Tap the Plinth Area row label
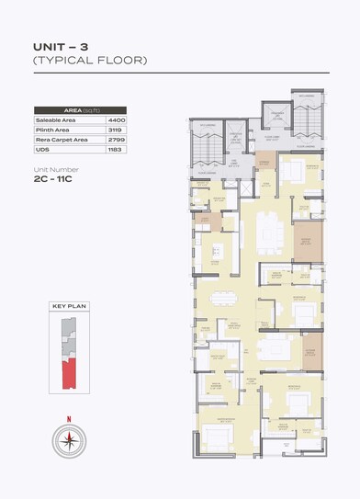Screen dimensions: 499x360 pyautogui.click(x=53, y=130)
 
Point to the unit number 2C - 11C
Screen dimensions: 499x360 pyautogui.click(x=56, y=182)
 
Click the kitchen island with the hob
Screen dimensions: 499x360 pyautogui.click(x=219, y=251)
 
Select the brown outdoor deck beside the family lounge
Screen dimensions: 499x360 pyautogui.click(x=313, y=346)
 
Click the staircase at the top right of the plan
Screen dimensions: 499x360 pyautogui.click(x=305, y=119)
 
